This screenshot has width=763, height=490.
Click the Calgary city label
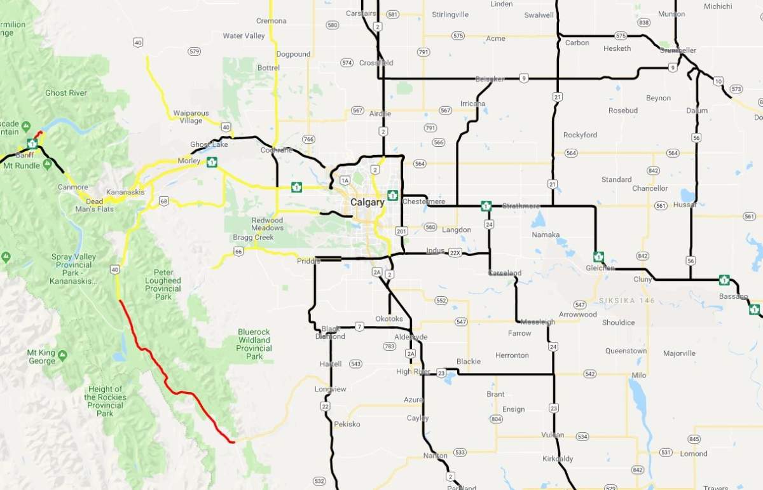click(x=367, y=203)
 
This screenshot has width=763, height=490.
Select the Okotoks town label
click(x=389, y=318)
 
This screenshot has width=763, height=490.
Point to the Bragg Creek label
click(x=253, y=237)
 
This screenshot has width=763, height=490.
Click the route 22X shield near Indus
click(x=454, y=252)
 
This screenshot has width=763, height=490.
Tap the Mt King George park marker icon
click(x=62, y=353)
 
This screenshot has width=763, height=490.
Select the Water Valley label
click(x=244, y=36)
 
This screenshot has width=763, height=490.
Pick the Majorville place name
click(x=678, y=353)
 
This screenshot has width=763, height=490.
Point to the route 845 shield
click(x=694, y=439)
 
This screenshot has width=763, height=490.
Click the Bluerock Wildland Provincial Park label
click(x=254, y=344)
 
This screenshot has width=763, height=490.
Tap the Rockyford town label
click(x=580, y=135)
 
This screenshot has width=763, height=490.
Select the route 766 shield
click(x=309, y=139)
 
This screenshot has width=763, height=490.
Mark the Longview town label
click(x=330, y=389)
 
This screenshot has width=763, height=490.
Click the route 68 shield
click(x=164, y=201)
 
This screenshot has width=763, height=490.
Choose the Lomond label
click(x=693, y=454)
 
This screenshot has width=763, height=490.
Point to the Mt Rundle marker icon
click(x=46, y=165)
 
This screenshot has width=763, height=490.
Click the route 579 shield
click(x=195, y=51)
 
